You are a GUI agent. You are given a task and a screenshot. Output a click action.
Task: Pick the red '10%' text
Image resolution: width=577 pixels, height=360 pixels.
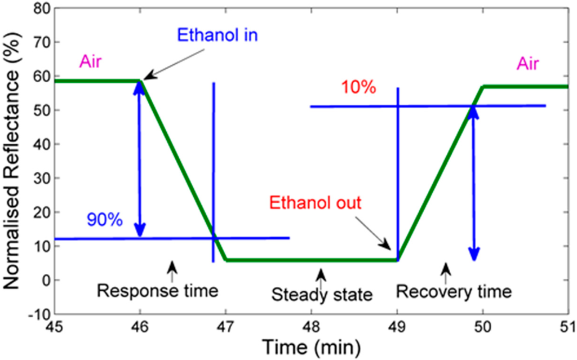coord(358,88)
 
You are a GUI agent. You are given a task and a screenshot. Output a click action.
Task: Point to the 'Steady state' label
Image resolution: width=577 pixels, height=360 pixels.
coord(322,294)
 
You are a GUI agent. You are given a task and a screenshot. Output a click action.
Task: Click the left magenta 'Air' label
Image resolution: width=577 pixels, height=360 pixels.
coord(90,61)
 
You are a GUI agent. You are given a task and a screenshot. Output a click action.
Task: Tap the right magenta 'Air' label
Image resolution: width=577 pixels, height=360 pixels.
coord(527,64)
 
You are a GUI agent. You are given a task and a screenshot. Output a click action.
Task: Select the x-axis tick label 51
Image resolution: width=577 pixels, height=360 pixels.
coord(566,327)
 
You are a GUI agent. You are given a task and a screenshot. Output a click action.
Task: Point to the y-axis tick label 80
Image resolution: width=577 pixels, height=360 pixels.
coord(39,8)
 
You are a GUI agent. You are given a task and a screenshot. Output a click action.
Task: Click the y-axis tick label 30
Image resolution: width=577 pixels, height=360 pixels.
coord(39,179)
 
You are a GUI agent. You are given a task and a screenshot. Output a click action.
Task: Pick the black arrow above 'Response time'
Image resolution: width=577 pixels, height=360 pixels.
coord(172,267)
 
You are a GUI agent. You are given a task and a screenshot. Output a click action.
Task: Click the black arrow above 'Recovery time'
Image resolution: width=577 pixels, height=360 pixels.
coord(446,270)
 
